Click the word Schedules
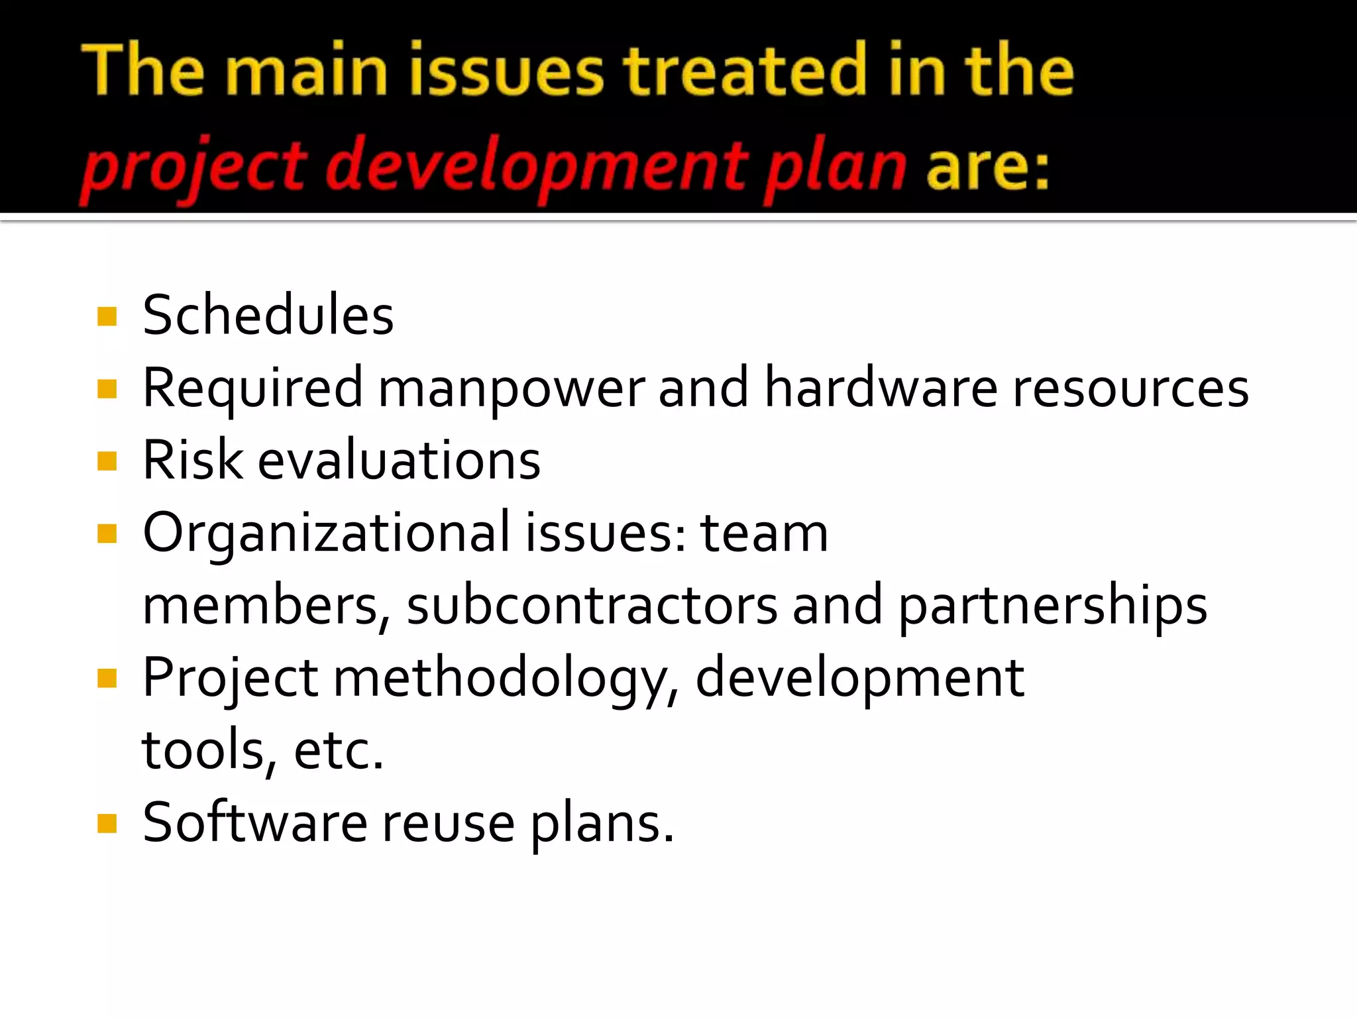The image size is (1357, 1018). (x=268, y=315)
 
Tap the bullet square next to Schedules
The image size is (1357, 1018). (x=107, y=316)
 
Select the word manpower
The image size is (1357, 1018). (x=511, y=389)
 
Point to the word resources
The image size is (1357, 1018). (x=1130, y=389)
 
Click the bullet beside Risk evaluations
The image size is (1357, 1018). (x=107, y=461)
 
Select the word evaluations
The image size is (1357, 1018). (x=399, y=461)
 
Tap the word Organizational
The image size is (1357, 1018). (x=327, y=534)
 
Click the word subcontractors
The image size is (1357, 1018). (x=592, y=606)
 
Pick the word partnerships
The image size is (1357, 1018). (x=1052, y=606)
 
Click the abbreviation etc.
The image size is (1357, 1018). (x=339, y=751)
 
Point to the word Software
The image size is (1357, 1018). (x=254, y=823)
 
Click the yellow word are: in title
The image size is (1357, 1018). (x=987, y=166)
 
